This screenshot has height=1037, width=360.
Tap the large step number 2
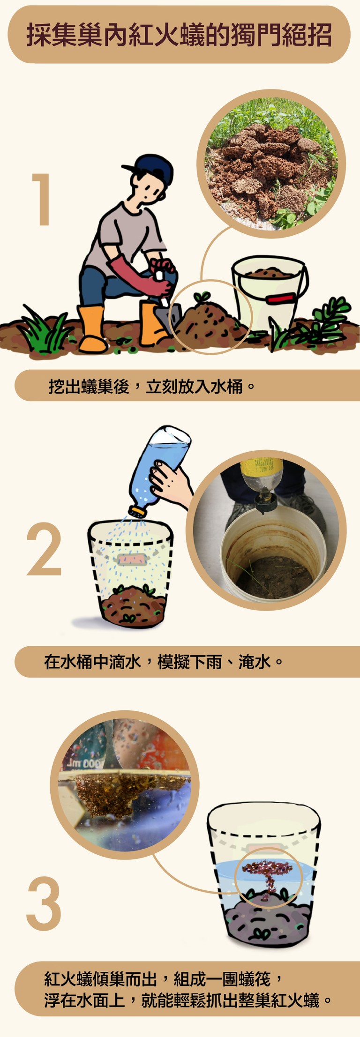click(44, 549)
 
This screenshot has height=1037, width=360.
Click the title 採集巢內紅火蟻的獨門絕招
click(179, 35)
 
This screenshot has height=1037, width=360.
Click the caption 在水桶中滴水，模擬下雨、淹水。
click(164, 661)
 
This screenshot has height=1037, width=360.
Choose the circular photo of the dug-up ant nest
click(271, 164)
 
